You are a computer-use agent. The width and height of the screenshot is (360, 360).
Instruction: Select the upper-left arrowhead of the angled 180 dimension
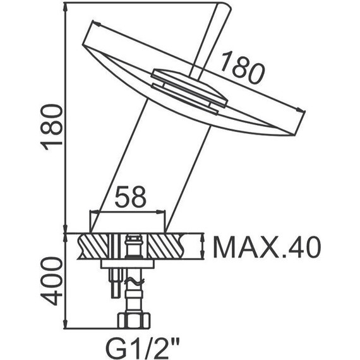[x=97, y=23]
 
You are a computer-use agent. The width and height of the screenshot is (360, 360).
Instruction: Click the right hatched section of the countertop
[x=183, y=247]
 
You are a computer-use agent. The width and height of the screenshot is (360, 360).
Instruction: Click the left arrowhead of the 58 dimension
[x=93, y=212]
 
